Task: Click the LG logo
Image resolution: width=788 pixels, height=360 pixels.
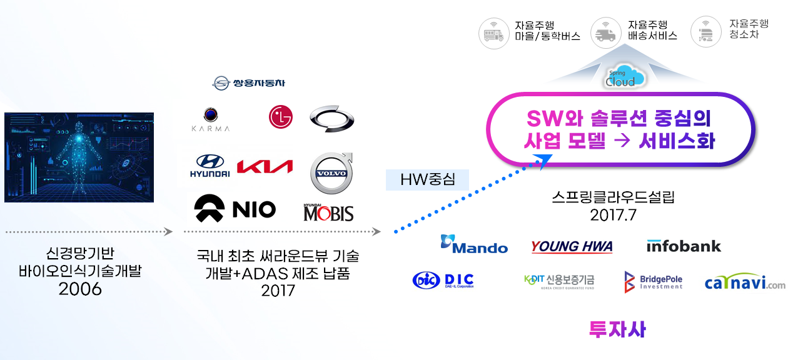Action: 280,117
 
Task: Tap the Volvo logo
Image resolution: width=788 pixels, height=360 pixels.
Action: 331,173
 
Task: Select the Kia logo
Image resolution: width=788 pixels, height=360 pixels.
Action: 265,167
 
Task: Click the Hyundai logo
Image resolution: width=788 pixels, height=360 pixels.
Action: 210,165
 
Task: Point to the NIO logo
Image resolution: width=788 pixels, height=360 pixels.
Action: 235,209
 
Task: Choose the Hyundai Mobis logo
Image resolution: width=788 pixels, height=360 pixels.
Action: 328,212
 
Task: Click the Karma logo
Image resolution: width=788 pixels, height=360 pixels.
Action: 210,119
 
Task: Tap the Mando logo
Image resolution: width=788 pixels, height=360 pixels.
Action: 474,244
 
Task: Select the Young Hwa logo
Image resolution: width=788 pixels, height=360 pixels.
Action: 572,246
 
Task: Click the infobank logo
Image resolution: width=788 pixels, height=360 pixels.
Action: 684,246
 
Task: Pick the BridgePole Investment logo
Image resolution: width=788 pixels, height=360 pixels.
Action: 654,282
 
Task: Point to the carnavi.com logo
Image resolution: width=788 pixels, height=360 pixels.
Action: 745,282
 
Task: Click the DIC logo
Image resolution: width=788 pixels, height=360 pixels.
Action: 443,280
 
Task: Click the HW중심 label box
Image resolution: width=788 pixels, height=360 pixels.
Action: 427,179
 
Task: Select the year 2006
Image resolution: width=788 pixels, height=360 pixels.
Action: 80,289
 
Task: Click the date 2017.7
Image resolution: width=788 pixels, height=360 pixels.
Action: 613,215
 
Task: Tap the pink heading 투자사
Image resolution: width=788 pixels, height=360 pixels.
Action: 617,329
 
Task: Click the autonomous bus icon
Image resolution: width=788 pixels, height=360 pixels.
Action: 494,33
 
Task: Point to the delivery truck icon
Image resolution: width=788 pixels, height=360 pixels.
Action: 606,32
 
